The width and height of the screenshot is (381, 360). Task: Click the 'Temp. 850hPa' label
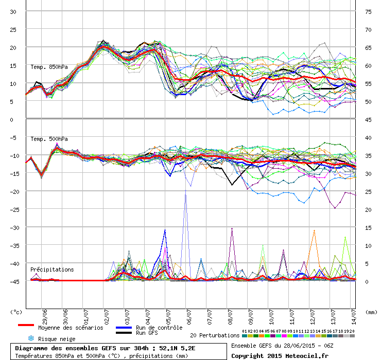click(x=49, y=67)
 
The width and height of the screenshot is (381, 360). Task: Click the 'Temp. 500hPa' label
click(x=49, y=139)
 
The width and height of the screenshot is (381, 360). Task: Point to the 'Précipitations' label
click(x=52, y=269)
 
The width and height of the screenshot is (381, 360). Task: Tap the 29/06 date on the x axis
click(x=45, y=317)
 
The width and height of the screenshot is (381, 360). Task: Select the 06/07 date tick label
click(x=189, y=317)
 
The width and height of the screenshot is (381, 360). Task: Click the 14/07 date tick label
click(x=354, y=317)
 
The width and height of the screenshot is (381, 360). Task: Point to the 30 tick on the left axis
click(x=13, y=12)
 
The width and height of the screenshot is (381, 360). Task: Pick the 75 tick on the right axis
click(x=368, y=12)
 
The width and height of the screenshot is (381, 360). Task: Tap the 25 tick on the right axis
click(x=368, y=192)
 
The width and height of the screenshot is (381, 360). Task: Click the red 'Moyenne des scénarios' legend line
click(x=26, y=325)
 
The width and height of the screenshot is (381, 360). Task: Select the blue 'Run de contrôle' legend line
click(x=124, y=328)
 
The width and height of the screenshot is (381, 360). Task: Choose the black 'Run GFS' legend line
click(x=124, y=333)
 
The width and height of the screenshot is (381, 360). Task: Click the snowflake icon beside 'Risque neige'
click(x=31, y=338)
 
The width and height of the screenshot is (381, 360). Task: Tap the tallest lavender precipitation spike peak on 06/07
click(x=186, y=190)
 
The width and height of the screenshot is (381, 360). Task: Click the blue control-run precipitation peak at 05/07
click(x=165, y=230)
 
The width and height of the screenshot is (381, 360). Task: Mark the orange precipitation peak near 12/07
click(x=314, y=230)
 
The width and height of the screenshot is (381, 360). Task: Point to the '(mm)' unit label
click(x=371, y=312)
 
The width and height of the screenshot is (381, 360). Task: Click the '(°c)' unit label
click(x=16, y=312)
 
